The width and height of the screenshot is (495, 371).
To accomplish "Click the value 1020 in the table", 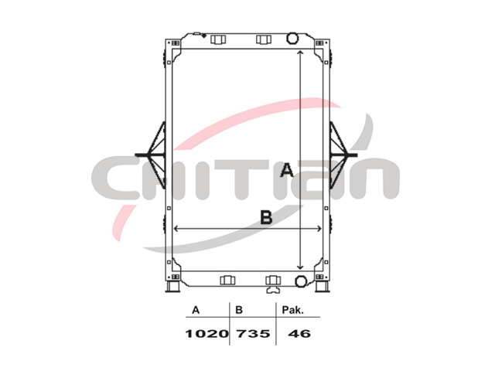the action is (x=207, y=333).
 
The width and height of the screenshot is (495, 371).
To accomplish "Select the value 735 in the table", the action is (x=253, y=333).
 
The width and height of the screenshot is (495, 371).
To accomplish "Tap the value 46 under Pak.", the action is (x=299, y=333).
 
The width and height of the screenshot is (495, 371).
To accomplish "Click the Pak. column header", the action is (x=292, y=310).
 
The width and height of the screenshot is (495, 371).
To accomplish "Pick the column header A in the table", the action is (x=196, y=310).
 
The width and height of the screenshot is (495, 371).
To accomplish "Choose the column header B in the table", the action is (x=239, y=310).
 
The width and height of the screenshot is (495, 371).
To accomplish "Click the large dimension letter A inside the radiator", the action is (x=287, y=170).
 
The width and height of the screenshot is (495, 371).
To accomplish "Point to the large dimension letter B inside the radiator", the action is (x=266, y=217).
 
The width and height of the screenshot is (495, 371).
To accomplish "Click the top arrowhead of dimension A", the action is (x=301, y=52).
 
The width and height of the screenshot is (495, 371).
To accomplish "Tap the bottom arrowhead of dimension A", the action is (x=301, y=267).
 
